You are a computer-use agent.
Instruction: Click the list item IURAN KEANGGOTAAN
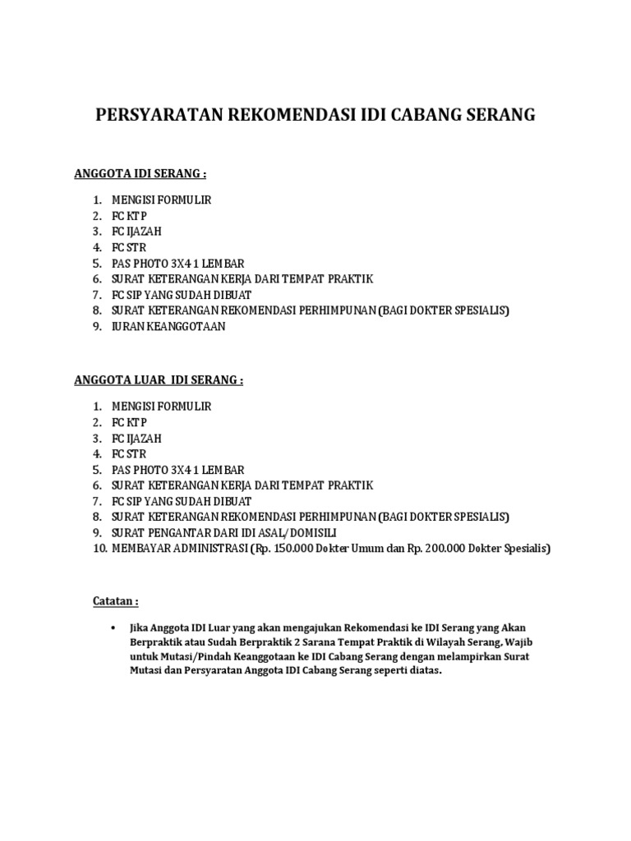click(x=168, y=326)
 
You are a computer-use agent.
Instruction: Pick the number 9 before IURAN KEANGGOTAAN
click(x=96, y=326)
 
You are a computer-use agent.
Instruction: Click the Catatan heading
click(x=114, y=602)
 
